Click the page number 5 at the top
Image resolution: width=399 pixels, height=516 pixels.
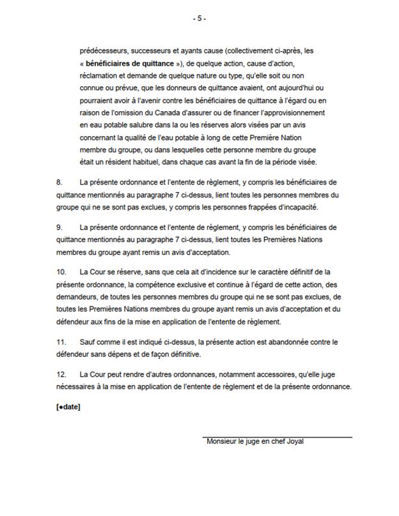[199, 19]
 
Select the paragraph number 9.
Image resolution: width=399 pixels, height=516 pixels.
[60, 227]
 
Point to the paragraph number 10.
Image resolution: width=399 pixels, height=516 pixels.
[61, 272]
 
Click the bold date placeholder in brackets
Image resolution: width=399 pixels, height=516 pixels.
[68, 407]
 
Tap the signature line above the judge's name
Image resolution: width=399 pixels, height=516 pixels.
[278, 437]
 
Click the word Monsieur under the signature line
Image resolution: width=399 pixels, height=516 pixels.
[223, 442]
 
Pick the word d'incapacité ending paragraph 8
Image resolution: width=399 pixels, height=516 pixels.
[305, 207]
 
